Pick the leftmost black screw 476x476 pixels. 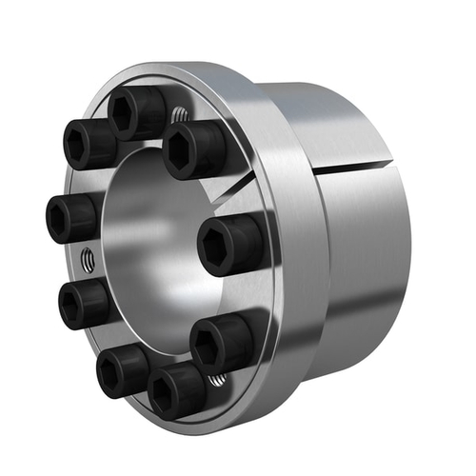point(71,218)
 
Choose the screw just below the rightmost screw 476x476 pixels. point(221,343)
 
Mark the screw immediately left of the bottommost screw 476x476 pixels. point(121,368)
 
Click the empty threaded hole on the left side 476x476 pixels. point(88,259)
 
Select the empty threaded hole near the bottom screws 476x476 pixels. point(216,382)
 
